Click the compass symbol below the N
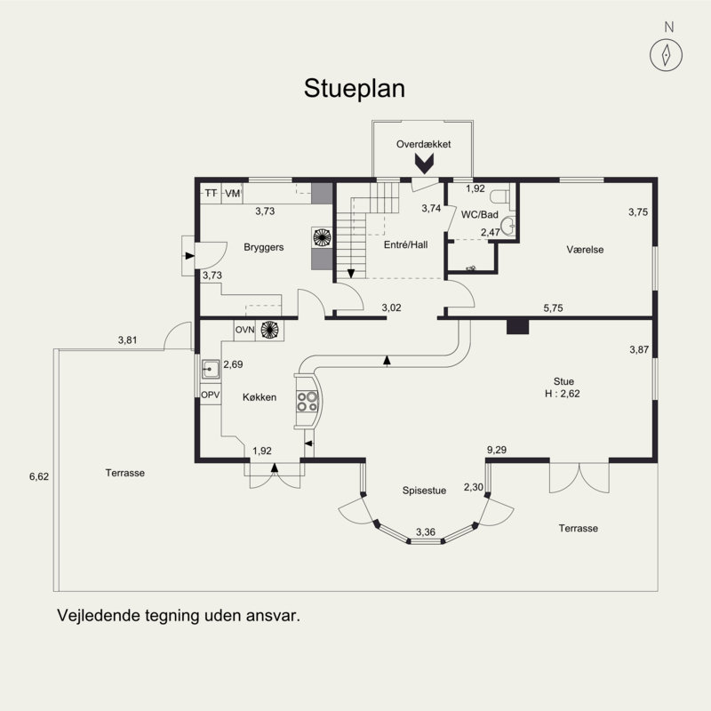click(666, 55)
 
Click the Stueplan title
click(354, 88)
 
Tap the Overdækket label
click(424, 144)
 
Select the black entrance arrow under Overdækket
click(425, 164)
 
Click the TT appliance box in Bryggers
click(211, 194)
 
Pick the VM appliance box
click(232, 194)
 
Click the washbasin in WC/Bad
click(508, 225)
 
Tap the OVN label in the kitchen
click(245, 330)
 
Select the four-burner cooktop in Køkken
click(307, 402)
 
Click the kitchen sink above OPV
click(211, 369)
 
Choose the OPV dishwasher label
click(211, 395)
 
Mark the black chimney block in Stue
click(517, 326)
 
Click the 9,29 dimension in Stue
click(497, 450)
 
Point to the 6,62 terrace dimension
click(39, 476)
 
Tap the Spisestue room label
click(424, 491)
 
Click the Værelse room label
click(585, 250)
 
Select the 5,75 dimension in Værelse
click(553, 308)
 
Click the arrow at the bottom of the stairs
click(350, 274)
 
